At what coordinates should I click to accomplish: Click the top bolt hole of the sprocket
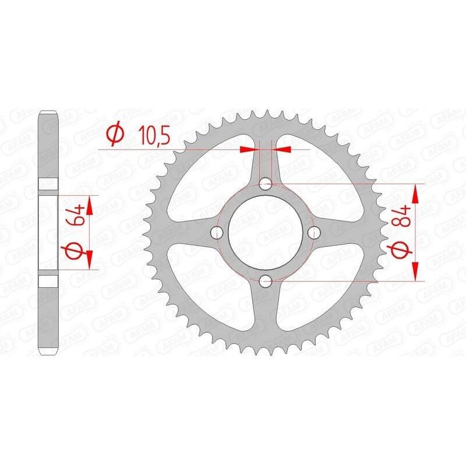pos(266,185)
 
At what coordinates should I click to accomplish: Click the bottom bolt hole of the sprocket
pos(266,282)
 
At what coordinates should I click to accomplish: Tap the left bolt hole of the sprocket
pos(219,233)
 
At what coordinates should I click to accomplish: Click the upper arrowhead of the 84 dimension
pos(415,191)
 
